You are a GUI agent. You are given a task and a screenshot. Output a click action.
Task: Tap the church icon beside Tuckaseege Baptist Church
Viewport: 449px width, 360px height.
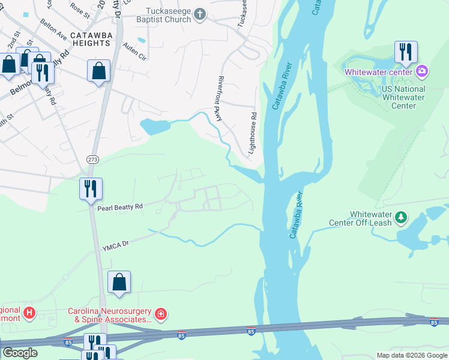200,13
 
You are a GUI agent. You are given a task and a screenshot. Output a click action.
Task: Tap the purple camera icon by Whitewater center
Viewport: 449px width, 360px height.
422,71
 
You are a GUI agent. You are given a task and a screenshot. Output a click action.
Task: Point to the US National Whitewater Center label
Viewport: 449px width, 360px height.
403,97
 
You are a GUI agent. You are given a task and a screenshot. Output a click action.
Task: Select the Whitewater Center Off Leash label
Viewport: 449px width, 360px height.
360,218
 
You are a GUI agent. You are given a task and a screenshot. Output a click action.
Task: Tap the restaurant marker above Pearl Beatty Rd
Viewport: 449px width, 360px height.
91,188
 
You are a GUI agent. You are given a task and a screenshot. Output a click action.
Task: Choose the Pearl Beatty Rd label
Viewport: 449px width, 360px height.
120,206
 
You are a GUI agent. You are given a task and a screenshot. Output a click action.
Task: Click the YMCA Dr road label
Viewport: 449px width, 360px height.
116,245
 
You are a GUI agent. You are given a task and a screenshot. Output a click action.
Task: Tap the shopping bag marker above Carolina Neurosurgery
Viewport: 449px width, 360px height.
119,281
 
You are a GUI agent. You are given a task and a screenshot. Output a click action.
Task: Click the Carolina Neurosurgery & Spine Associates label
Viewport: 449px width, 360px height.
110,316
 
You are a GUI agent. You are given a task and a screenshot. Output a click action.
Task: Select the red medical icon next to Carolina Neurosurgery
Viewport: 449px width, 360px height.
160,314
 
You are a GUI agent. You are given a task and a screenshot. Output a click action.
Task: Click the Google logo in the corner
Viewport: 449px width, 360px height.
20,353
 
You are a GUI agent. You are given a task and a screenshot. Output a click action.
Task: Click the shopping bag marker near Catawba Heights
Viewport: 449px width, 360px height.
98,71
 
